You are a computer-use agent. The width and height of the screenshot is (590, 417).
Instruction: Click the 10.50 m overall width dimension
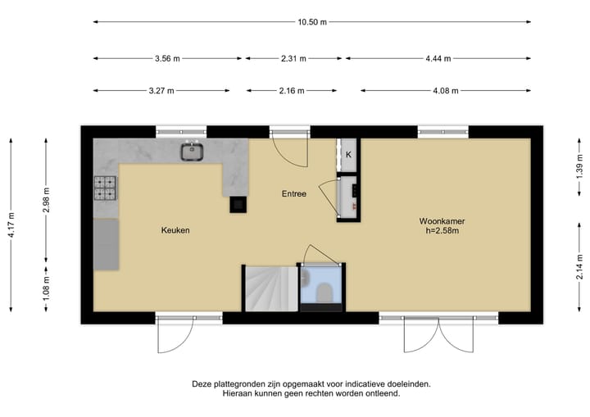point(312,22)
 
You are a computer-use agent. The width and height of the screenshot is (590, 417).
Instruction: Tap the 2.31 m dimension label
point(292,59)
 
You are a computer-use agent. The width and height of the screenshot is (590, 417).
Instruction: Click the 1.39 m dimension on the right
point(579,172)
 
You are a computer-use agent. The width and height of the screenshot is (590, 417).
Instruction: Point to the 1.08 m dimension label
point(46,287)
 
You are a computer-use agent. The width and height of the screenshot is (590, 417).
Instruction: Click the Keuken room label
point(175,231)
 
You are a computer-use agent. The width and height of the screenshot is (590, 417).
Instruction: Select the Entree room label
point(293,194)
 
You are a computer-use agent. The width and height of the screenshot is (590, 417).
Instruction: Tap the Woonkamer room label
point(442,221)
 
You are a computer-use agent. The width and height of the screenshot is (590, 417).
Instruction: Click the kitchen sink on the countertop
point(193,151)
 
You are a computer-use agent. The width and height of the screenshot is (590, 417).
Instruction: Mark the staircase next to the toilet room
point(268,288)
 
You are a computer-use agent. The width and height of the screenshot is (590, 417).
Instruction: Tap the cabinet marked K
point(348,155)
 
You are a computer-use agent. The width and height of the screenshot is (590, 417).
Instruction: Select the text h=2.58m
point(442,232)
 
